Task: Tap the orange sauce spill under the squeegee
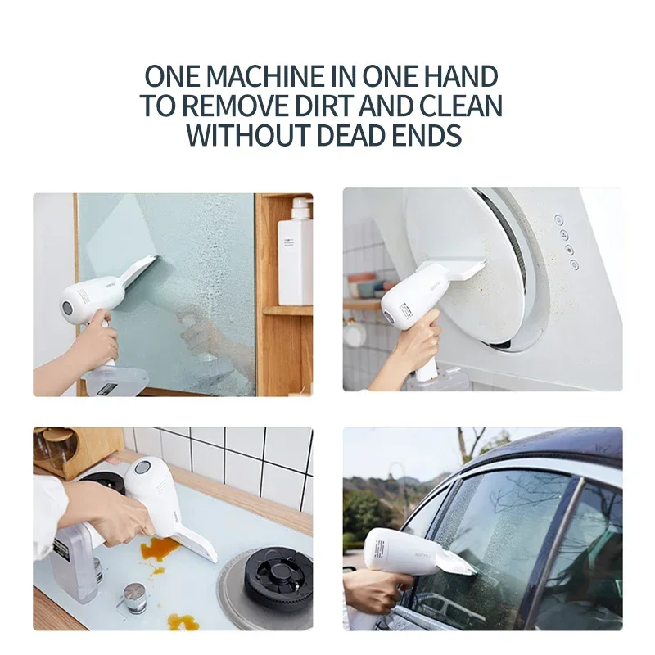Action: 160,548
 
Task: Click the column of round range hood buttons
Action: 563,242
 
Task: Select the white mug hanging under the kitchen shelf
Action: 355,334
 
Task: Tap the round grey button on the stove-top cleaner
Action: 142,468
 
